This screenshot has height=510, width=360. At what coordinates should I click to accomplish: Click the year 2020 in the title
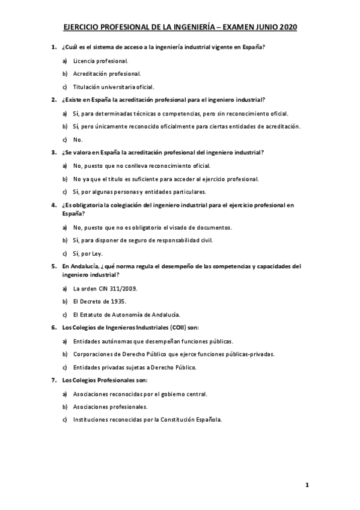click(286, 27)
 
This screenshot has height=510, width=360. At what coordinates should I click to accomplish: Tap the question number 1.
click(53, 46)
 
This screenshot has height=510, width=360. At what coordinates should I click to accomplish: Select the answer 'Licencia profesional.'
click(100, 60)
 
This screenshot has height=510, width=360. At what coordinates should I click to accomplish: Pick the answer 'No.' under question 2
click(78, 139)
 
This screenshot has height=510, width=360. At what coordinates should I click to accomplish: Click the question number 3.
click(53, 152)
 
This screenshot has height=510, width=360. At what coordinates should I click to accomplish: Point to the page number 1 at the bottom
click(307, 484)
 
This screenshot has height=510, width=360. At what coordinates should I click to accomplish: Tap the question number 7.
click(53, 380)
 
